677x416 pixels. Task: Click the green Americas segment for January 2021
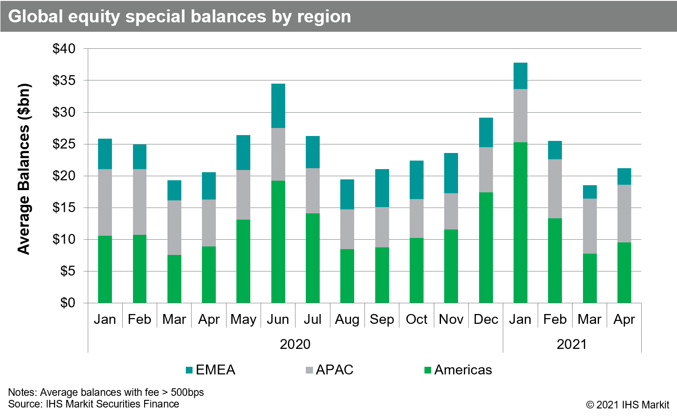[x=520, y=222]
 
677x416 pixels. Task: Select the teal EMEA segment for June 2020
[x=278, y=106]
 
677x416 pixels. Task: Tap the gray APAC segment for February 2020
[x=140, y=202]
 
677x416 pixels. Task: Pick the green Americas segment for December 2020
[x=486, y=247]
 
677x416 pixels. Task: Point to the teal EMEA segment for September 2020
[x=382, y=188]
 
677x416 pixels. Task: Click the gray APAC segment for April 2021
[x=624, y=213]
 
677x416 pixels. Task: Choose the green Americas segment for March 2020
[x=174, y=279]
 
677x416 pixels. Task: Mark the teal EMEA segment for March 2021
[x=590, y=192]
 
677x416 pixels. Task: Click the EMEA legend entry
[x=210, y=370]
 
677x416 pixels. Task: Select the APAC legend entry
[x=330, y=370]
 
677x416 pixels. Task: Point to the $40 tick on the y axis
[x=64, y=48]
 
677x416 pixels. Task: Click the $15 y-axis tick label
[x=64, y=208]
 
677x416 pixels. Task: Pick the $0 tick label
[x=68, y=303]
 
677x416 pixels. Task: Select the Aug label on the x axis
[x=347, y=319]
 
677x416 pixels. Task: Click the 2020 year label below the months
[x=295, y=344]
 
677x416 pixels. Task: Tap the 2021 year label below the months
[x=572, y=344]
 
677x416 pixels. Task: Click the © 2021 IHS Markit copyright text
[x=627, y=404]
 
